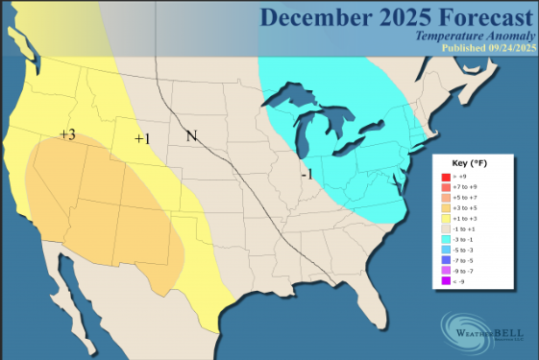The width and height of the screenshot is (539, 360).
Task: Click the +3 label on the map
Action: coord(67,134)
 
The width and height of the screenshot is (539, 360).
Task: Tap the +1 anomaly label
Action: coord(142,139)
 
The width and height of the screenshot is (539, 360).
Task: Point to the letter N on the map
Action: coord(191,135)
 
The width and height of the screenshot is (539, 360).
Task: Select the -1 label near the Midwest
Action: coord(306,175)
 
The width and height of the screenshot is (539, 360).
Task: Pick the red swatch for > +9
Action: coord(445,177)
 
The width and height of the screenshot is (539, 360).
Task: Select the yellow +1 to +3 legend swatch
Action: coord(445,218)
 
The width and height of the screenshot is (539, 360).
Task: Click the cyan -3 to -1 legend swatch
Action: coord(445,239)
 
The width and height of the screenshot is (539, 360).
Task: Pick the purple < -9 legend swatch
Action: coord(445,280)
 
